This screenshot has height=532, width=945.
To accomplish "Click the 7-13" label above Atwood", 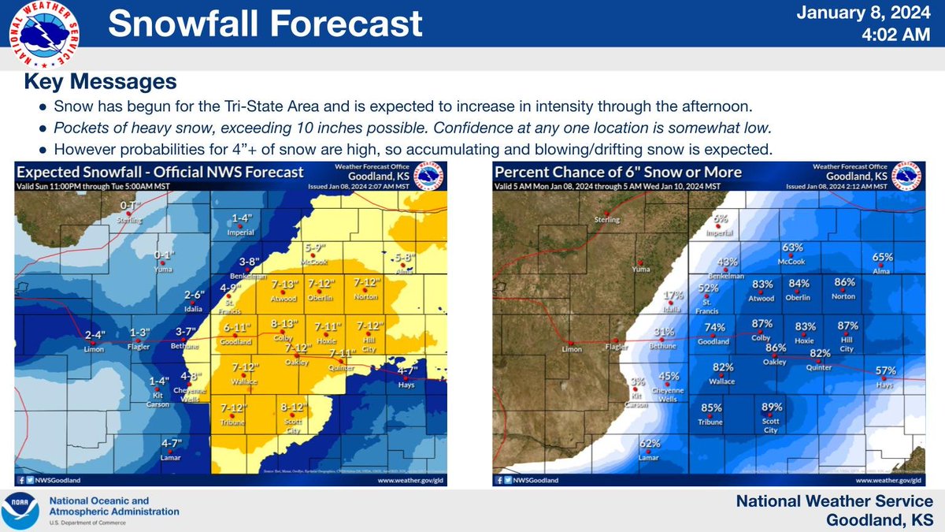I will [x=284, y=284].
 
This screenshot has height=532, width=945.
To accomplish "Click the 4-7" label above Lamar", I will [x=172, y=443].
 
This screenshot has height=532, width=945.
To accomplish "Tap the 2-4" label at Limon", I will [x=93, y=334].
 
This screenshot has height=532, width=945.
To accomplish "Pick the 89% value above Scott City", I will [x=772, y=407].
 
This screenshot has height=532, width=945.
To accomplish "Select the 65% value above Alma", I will [x=882, y=257].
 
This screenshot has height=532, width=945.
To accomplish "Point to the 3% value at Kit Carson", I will [x=638, y=381].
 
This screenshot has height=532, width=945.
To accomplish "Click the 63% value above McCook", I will [x=792, y=247].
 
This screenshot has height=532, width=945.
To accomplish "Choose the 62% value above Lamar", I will [x=650, y=443].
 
